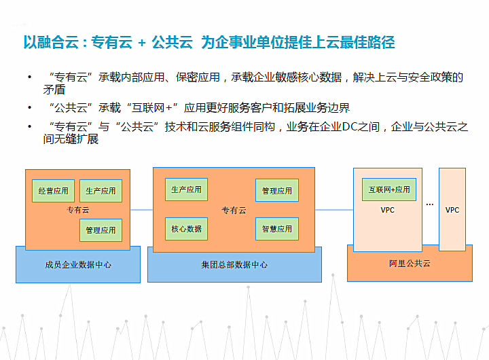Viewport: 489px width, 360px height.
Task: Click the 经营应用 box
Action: (x=54, y=191)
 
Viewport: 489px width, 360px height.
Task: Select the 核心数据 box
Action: (x=187, y=229)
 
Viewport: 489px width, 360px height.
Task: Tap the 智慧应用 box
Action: (x=277, y=229)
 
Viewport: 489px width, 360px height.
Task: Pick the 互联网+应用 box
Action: (x=389, y=190)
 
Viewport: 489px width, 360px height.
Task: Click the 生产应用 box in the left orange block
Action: (x=101, y=191)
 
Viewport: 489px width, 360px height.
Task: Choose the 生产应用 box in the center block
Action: (x=187, y=190)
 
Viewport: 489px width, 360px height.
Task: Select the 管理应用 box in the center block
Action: (x=277, y=190)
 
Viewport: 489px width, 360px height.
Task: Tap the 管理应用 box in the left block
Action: (x=101, y=230)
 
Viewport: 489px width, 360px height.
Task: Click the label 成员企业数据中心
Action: (x=78, y=265)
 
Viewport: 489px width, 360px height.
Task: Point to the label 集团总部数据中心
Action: (x=234, y=265)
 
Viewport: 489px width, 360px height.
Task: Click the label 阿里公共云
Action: (x=410, y=264)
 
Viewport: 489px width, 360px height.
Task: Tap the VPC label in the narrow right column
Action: (x=452, y=210)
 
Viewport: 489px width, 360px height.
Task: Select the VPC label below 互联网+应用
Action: (x=388, y=210)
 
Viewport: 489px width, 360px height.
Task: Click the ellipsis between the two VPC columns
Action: (x=430, y=204)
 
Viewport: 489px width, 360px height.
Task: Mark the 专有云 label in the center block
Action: (x=234, y=211)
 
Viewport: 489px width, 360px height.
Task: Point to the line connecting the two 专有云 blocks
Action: (x=141, y=210)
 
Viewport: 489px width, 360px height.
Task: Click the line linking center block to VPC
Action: (x=334, y=210)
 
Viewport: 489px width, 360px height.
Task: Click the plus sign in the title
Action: (x=142, y=43)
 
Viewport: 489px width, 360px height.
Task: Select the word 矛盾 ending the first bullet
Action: (x=54, y=90)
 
